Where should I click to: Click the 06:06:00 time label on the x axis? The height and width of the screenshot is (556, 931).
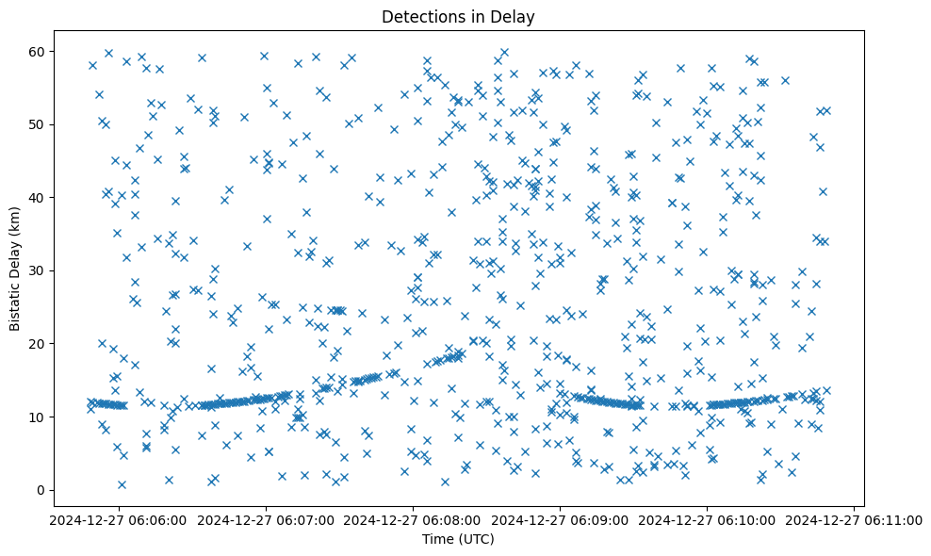tap(118, 520)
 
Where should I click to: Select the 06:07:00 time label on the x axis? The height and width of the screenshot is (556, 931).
tap(266, 520)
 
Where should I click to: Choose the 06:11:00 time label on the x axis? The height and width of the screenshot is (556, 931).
tap(854, 520)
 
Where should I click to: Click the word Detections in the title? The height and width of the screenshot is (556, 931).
tap(421, 16)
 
